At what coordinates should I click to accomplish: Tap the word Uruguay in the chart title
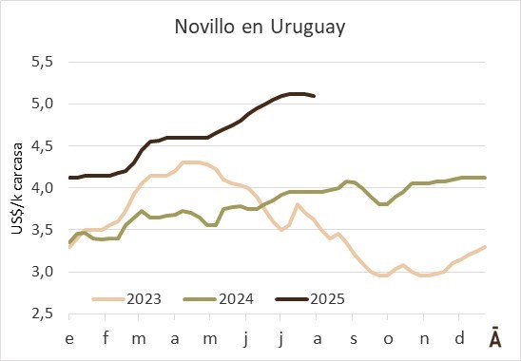(308, 28)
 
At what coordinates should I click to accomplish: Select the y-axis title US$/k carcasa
(17, 188)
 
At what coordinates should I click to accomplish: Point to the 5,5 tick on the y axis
(42, 62)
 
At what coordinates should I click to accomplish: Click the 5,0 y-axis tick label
(42, 104)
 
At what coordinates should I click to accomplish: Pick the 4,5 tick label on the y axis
(42, 145)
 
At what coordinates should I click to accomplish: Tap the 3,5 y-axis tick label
(42, 230)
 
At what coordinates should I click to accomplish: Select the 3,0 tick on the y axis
(42, 272)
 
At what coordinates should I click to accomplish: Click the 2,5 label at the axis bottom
(42, 313)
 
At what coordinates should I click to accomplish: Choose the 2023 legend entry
(127, 299)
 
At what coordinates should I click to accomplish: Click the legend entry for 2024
(219, 299)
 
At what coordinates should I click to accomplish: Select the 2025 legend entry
(311, 299)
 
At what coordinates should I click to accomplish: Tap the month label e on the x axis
(69, 339)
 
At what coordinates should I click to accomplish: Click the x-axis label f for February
(106, 338)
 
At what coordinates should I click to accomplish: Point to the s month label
(354, 339)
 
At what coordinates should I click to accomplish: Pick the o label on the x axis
(388, 339)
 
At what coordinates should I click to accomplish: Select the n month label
(424, 339)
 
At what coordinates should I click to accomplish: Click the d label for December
(459, 338)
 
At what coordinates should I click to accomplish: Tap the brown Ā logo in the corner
(495, 337)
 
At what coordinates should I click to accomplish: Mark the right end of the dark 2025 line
(314, 96)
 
